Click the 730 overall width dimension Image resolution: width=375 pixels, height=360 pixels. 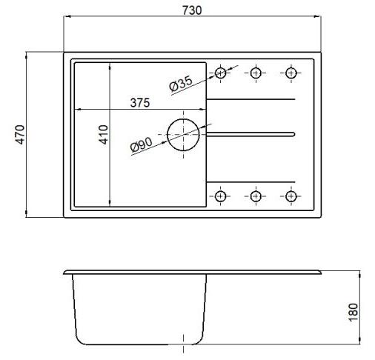coord(192,10)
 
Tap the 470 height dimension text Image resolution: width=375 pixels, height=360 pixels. coord(20,135)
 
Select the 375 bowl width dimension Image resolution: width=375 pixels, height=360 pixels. coord(140,103)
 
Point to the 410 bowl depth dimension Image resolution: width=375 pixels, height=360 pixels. coord(104,135)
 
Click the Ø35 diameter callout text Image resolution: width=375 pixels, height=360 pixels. coord(181,83)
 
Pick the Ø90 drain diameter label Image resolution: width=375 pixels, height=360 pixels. coord(142,144)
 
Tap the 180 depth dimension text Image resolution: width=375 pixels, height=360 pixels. coord(354,313)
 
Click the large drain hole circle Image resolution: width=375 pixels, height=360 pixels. coord(167,135)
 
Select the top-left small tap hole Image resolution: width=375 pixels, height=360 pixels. coord(220,68)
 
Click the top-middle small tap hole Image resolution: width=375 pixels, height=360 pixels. coord(256,68)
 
